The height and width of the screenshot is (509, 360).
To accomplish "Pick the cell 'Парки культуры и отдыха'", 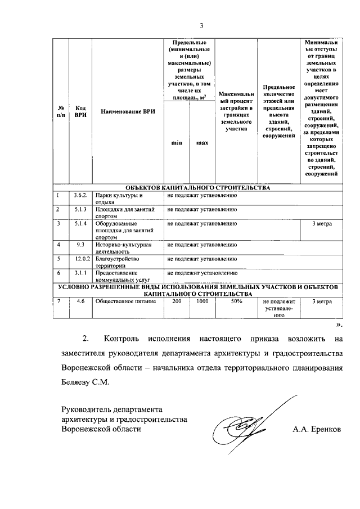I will pos(120,199).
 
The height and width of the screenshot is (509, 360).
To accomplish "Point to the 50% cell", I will pos(236,301).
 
